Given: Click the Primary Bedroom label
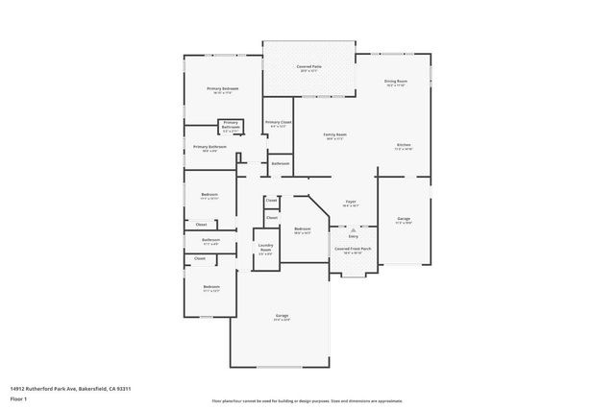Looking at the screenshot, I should tap(222, 88).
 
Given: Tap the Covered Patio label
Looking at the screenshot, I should tap(308, 66).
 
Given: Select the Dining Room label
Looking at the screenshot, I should tap(396, 82).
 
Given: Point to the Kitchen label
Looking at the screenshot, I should tap(404, 146).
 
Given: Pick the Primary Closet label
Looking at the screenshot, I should tap(279, 123).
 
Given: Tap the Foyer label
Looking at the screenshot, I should tap(351, 202).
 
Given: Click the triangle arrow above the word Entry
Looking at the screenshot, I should tap(353, 229).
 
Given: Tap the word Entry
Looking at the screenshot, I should tap(353, 236).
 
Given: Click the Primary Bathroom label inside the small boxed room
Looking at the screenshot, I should tap(231, 124).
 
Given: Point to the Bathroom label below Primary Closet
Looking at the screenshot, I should tap(280, 164).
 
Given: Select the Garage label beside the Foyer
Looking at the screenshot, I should tap(403, 219).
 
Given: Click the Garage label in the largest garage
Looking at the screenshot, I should tap(282, 316).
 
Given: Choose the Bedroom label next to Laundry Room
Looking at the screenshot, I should tap(302, 229).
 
